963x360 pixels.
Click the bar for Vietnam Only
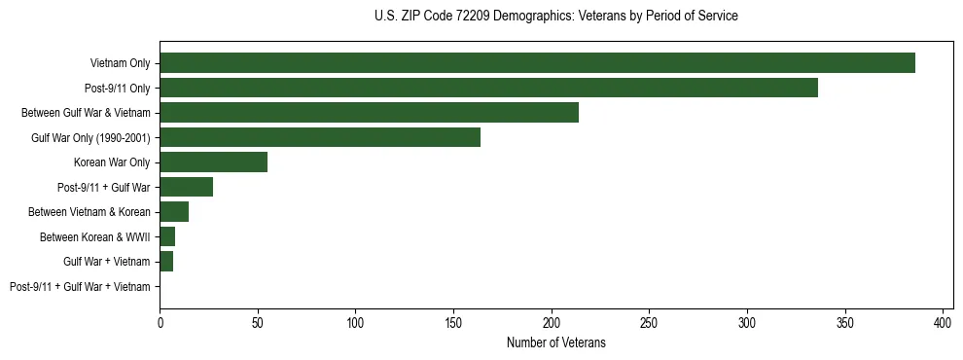click(x=537, y=63)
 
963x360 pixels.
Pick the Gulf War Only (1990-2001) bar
click(x=320, y=137)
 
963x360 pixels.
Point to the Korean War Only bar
click(x=213, y=162)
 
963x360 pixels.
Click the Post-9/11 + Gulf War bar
click(x=186, y=187)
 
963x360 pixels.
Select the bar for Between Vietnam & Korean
click(x=174, y=212)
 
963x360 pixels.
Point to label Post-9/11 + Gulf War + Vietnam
click(x=80, y=287)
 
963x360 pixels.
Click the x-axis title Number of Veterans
click(x=555, y=342)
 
